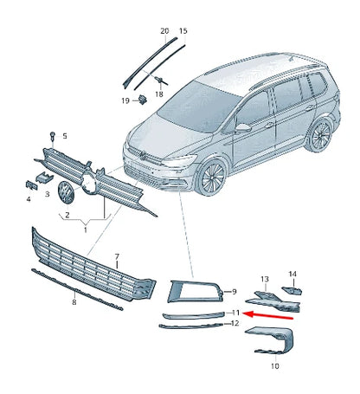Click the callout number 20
[x=165, y=31]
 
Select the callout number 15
[x=183, y=31]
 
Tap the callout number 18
[x=159, y=93]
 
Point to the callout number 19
[x=125, y=101]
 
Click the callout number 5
[x=63, y=136]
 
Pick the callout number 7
[x=118, y=257]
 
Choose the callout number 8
[x=74, y=302]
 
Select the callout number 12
[x=234, y=323]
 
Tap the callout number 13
[x=265, y=279]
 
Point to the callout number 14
[x=292, y=274]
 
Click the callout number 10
[x=275, y=366]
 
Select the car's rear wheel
[x=320, y=134]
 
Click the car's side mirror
[x=244, y=127]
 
